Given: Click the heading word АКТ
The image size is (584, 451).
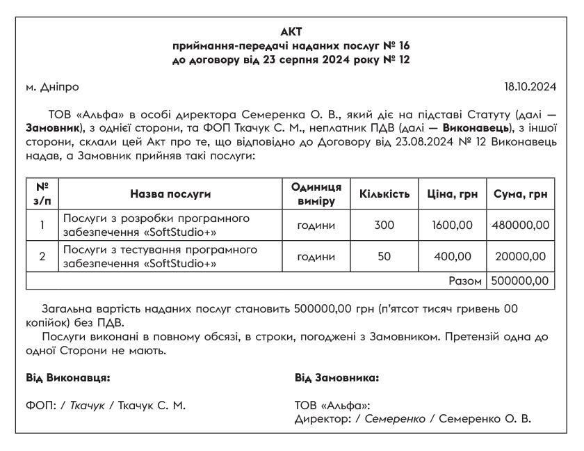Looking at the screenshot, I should click(291, 31).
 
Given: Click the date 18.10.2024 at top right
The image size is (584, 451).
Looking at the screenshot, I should click(530, 88).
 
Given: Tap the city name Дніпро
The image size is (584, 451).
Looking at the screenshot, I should click(58, 88).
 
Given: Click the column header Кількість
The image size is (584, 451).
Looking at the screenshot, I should click(384, 193).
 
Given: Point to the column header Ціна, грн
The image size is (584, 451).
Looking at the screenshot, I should click(452, 193).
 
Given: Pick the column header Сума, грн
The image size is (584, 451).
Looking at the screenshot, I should click(521, 193).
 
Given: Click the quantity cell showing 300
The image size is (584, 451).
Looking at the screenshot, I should click(384, 225).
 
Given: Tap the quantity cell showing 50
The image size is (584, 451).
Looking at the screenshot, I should click(384, 257).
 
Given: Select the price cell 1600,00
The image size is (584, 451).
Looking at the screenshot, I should click(452, 225).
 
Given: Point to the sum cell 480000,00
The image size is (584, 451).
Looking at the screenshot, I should click(521, 225).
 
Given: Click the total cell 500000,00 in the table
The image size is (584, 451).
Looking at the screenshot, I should click(521, 281).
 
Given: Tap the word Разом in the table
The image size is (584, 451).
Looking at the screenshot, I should click(467, 281).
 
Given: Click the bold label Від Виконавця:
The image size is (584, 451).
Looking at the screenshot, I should click(68, 378).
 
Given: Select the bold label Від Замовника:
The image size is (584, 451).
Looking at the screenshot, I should click(337, 378).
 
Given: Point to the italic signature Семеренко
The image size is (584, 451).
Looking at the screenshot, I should click(394, 420).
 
